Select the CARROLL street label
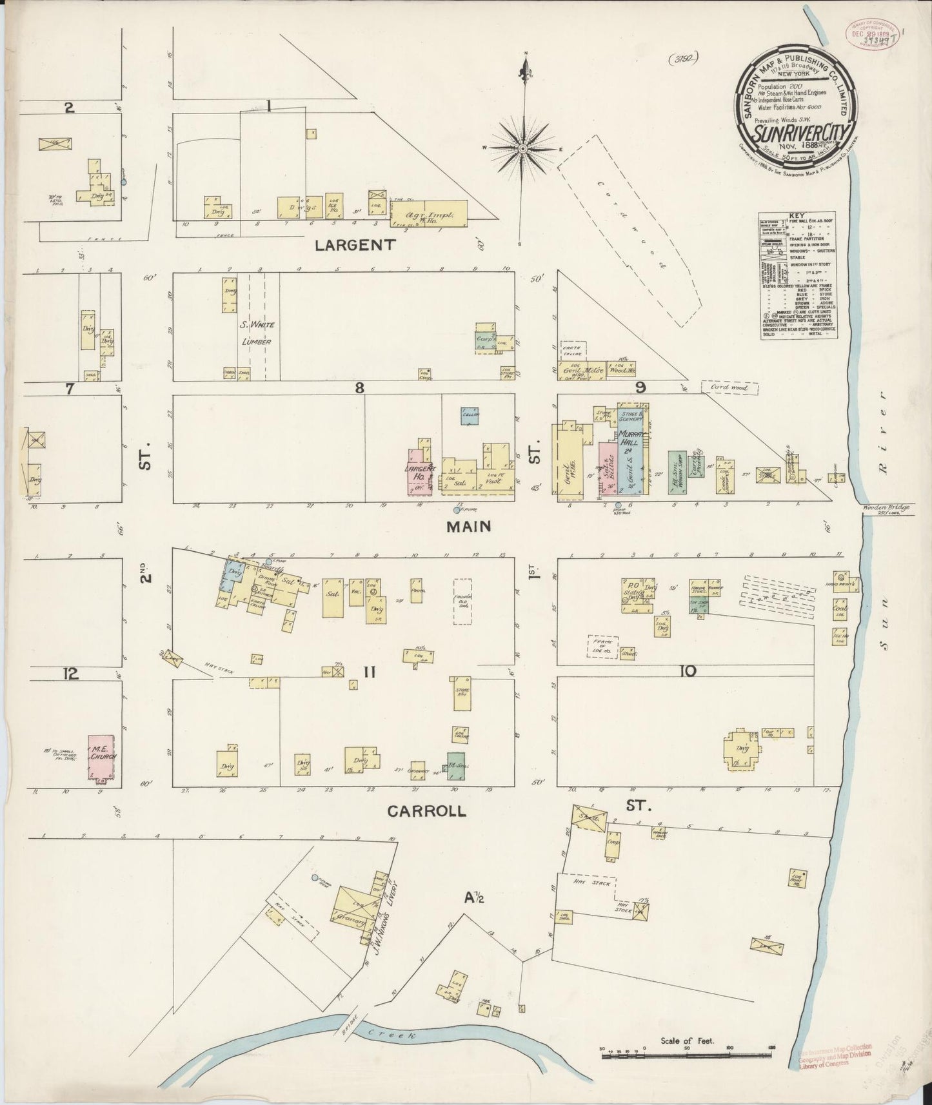coord(426,811)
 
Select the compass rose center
coord(525,150)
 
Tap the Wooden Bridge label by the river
coord(886,507)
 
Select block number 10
coord(687,671)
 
